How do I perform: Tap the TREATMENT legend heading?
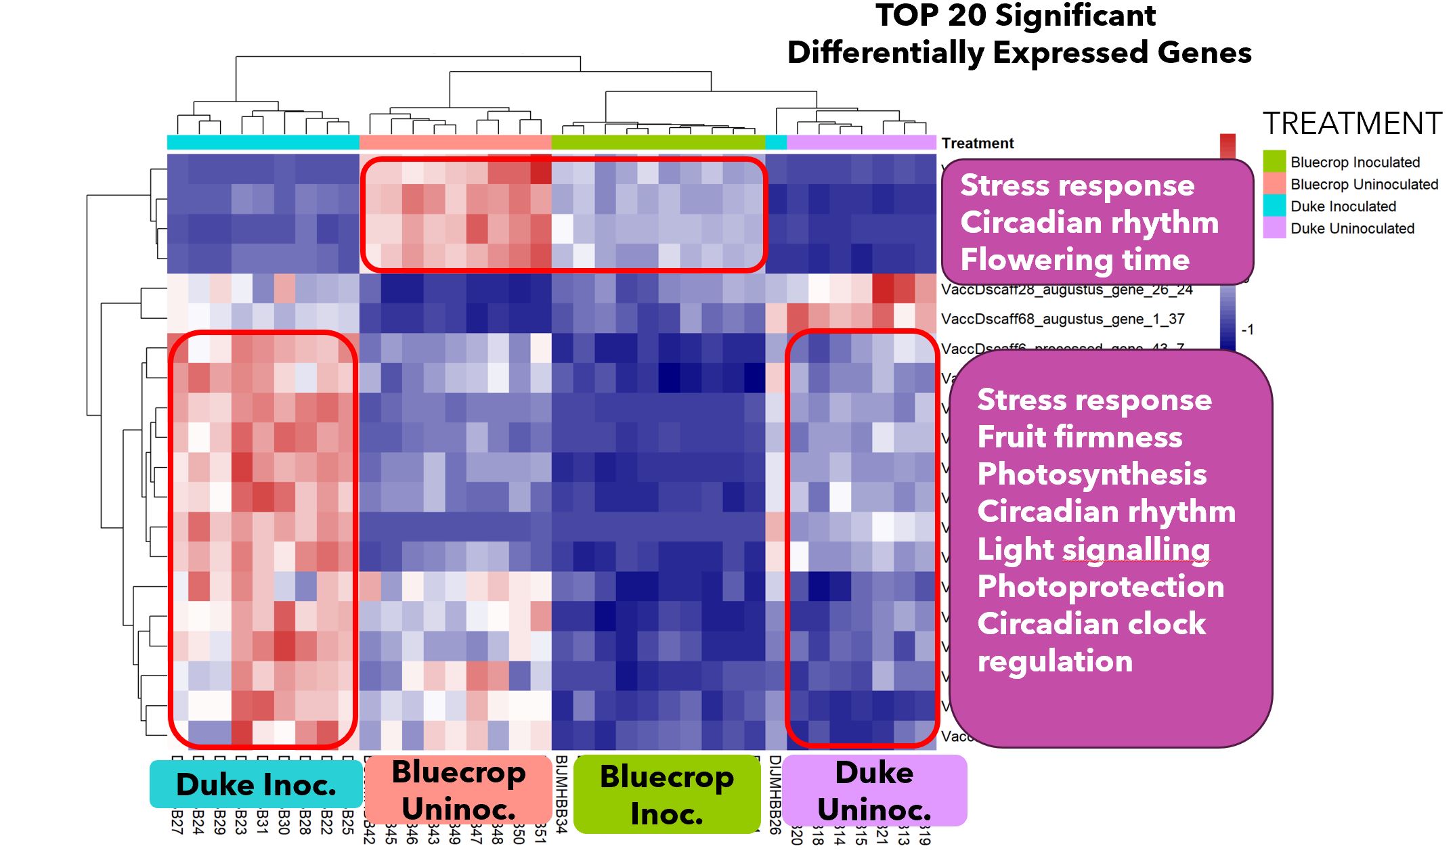(x=1352, y=124)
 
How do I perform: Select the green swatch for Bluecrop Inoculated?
(x=1274, y=162)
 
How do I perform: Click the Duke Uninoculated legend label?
(x=1352, y=229)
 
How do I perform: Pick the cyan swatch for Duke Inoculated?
(x=1274, y=206)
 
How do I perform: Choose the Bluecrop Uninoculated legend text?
(x=1364, y=184)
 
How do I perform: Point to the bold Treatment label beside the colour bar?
(x=977, y=143)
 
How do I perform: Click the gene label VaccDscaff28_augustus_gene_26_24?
(x=1066, y=290)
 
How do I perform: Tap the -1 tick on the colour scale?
(x=1247, y=330)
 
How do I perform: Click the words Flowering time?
(x=1074, y=260)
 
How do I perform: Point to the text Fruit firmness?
(x=1079, y=437)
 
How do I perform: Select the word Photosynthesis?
(x=1091, y=474)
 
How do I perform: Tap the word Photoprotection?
(x=1100, y=587)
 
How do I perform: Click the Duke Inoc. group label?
(x=256, y=784)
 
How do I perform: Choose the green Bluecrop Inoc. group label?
(x=666, y=795)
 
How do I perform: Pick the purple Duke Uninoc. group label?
(x=874, y=791)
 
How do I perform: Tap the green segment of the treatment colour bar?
(x=658, y=143)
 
